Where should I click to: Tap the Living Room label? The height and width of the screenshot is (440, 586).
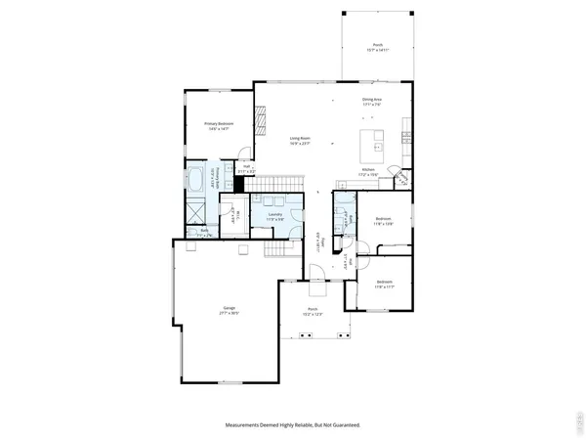click(299, 141)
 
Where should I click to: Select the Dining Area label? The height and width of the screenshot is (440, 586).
click(372, 101)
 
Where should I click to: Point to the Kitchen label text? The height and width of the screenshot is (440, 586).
click(368, 172)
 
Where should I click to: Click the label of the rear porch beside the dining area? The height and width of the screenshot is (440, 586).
click(377, 49)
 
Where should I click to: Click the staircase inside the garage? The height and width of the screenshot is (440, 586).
click(276, 251)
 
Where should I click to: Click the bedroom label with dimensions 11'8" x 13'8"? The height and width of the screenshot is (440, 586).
click(384, 220)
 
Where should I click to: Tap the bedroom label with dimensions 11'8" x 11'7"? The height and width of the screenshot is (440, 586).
click(382, 285)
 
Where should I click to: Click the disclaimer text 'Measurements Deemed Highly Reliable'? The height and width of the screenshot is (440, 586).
click(292, 425)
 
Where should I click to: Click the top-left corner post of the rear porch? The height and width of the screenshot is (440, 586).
click(343, 13)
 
